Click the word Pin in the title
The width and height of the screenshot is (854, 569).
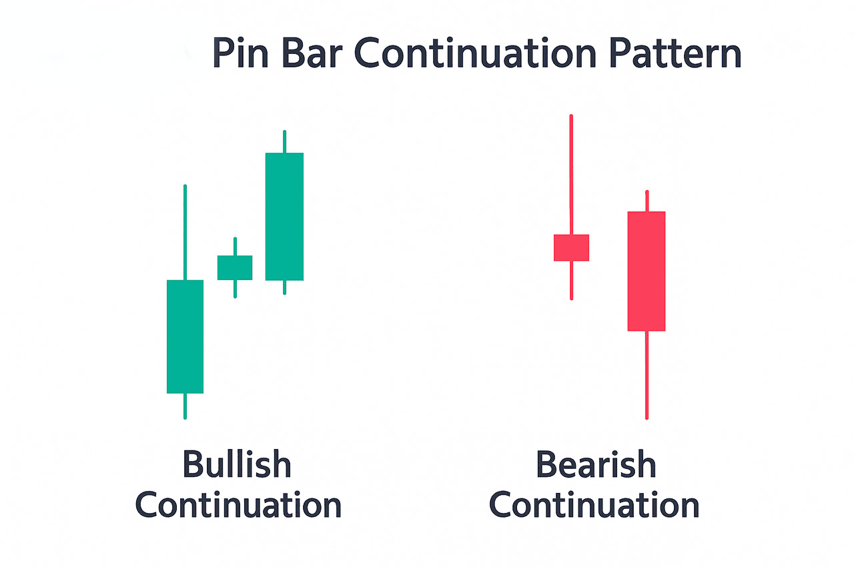(241, 53)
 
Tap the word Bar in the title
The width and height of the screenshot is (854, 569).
(310, 53)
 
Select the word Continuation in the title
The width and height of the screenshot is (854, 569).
(475, 53)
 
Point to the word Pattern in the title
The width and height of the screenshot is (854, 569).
(675, 53)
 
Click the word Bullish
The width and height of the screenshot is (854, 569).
(237, 464)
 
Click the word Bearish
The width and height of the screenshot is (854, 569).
(596, 464)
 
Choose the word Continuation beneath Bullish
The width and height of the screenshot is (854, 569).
(238, 504)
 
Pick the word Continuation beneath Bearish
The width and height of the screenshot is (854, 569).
(594, 504)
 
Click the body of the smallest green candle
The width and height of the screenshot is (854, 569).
(235, 267)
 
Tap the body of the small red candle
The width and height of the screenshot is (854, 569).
(571, 247)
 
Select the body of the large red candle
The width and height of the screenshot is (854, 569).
(647, 271)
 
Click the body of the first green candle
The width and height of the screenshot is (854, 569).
(185, 336)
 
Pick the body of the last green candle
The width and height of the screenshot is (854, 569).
(284, 217)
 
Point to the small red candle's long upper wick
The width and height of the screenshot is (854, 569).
(571, 175)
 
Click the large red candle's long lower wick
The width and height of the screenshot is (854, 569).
(647, 375)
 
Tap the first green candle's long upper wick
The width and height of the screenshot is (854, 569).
(185, 232)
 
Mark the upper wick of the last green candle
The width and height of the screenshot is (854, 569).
(284, 141)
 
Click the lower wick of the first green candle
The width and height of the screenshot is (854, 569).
(185, 406)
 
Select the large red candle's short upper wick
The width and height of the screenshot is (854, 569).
(647, 201)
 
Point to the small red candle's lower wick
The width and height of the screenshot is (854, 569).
(572, 281)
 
